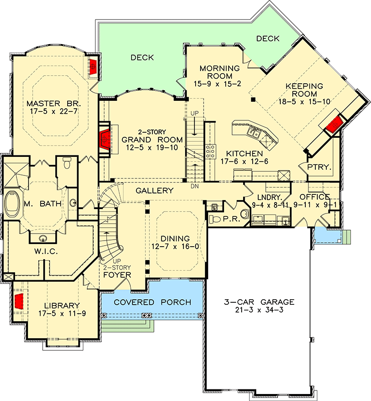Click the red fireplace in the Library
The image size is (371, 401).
point(19,301)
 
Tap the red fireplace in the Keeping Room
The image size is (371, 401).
point(335,124)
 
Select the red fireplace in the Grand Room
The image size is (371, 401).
point(105,139)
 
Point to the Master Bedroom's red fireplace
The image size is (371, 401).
point(93,67)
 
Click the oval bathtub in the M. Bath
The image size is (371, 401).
point(12,204)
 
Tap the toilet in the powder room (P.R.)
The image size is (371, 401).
point(215,219)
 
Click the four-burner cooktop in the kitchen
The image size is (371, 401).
point(211,151)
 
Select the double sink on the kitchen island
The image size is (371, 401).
point(253,133)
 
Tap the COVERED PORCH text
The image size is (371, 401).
point(152,302)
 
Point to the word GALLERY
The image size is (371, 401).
point(154,190)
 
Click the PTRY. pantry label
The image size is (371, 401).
point(319,167)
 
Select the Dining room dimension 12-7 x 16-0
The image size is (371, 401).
point(175,247)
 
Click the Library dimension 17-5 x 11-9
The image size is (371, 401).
point(62,313)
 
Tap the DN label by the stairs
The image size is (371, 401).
point(195,186)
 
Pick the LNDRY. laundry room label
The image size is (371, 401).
point(270,197)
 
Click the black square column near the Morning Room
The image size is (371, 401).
point(253,100)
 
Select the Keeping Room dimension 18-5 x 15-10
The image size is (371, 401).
point(304,102)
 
